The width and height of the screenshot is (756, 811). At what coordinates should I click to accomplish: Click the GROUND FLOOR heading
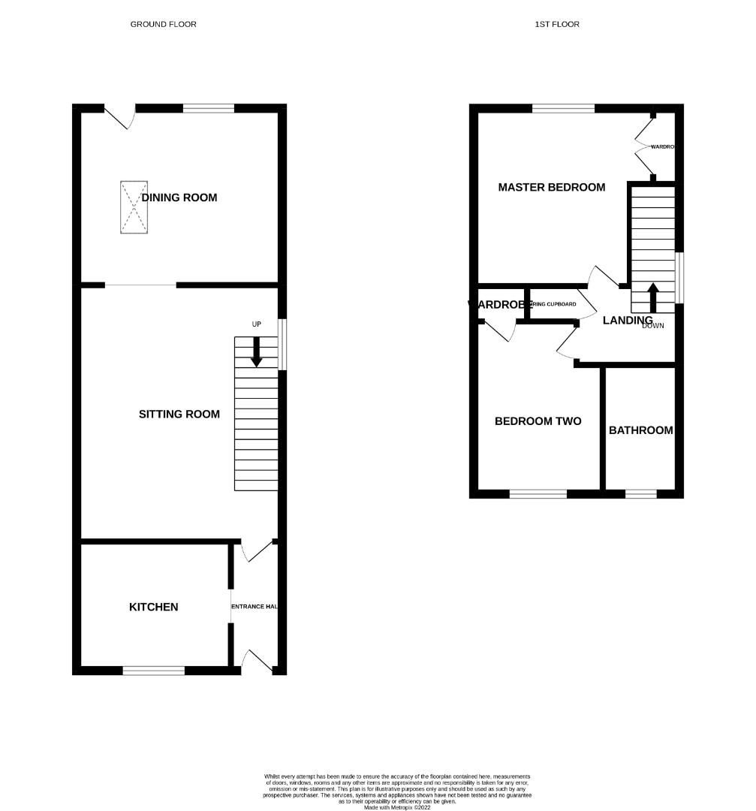pos(163,24)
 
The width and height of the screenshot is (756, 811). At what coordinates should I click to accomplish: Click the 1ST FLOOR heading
pos(557,24)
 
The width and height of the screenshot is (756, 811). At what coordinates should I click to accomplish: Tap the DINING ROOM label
pos(180,197)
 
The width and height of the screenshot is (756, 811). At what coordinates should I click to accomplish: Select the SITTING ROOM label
pos(179,414)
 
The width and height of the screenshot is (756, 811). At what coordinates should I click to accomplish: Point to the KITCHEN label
pos(154,607)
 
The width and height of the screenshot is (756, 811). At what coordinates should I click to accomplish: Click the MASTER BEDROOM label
pos(552,187)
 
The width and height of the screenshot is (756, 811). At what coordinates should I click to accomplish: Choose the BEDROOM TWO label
pos(538,421)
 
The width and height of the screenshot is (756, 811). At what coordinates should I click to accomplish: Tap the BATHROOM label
pos(640,430)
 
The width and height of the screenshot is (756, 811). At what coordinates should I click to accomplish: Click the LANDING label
pos(628,320)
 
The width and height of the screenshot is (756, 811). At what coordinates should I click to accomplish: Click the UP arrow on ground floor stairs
pos(257,351)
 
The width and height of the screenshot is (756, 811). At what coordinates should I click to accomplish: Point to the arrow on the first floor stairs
pos(652,297)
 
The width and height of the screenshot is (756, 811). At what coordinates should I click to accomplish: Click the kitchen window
pos(154,670)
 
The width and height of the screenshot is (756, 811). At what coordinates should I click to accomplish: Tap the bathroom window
pos(640,493)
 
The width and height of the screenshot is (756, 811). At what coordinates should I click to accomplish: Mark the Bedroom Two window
pos(538,493)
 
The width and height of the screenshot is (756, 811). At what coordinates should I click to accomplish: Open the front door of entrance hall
pos(258,661)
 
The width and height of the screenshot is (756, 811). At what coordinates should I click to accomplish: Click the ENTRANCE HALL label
pos(255,607)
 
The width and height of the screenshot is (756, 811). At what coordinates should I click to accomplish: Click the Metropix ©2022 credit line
pos(398,807)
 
